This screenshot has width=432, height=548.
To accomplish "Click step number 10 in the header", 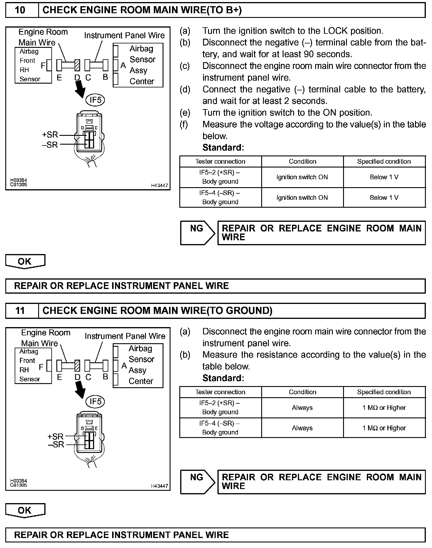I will tap(20, 10).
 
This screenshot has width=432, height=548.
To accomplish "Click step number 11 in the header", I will tap(20, 311).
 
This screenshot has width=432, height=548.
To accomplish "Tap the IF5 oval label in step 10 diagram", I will tap(95, 100).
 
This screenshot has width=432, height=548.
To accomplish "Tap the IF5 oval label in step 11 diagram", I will tap(95, 401).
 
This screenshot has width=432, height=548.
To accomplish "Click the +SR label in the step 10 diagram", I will tap(50, 135).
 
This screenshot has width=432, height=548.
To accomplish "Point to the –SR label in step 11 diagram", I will tap(56, 444).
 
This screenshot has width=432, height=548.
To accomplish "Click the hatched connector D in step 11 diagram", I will tap(77, 366).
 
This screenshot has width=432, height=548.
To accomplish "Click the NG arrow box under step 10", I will tap(198, 233).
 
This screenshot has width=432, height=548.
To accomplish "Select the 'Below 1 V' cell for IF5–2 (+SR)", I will tap(384, 177).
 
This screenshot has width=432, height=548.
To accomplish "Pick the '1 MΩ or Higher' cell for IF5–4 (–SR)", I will tap(384, 428).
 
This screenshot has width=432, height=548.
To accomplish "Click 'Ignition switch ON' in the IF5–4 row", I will tap(302, 198).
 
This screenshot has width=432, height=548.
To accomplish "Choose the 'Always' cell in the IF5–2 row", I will tap(302, 408).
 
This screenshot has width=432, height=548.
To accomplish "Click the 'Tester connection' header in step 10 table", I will tap(220, 162).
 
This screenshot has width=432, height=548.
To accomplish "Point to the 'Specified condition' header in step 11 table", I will tap(384, 392).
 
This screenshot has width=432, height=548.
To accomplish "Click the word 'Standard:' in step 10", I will tap(223, 148).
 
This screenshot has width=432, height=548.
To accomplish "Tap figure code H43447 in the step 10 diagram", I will tap(159, 185).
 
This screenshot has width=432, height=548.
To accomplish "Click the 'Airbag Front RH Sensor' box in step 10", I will tap(33, 65).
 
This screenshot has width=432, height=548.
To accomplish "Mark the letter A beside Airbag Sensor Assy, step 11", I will tap(124, 366).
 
